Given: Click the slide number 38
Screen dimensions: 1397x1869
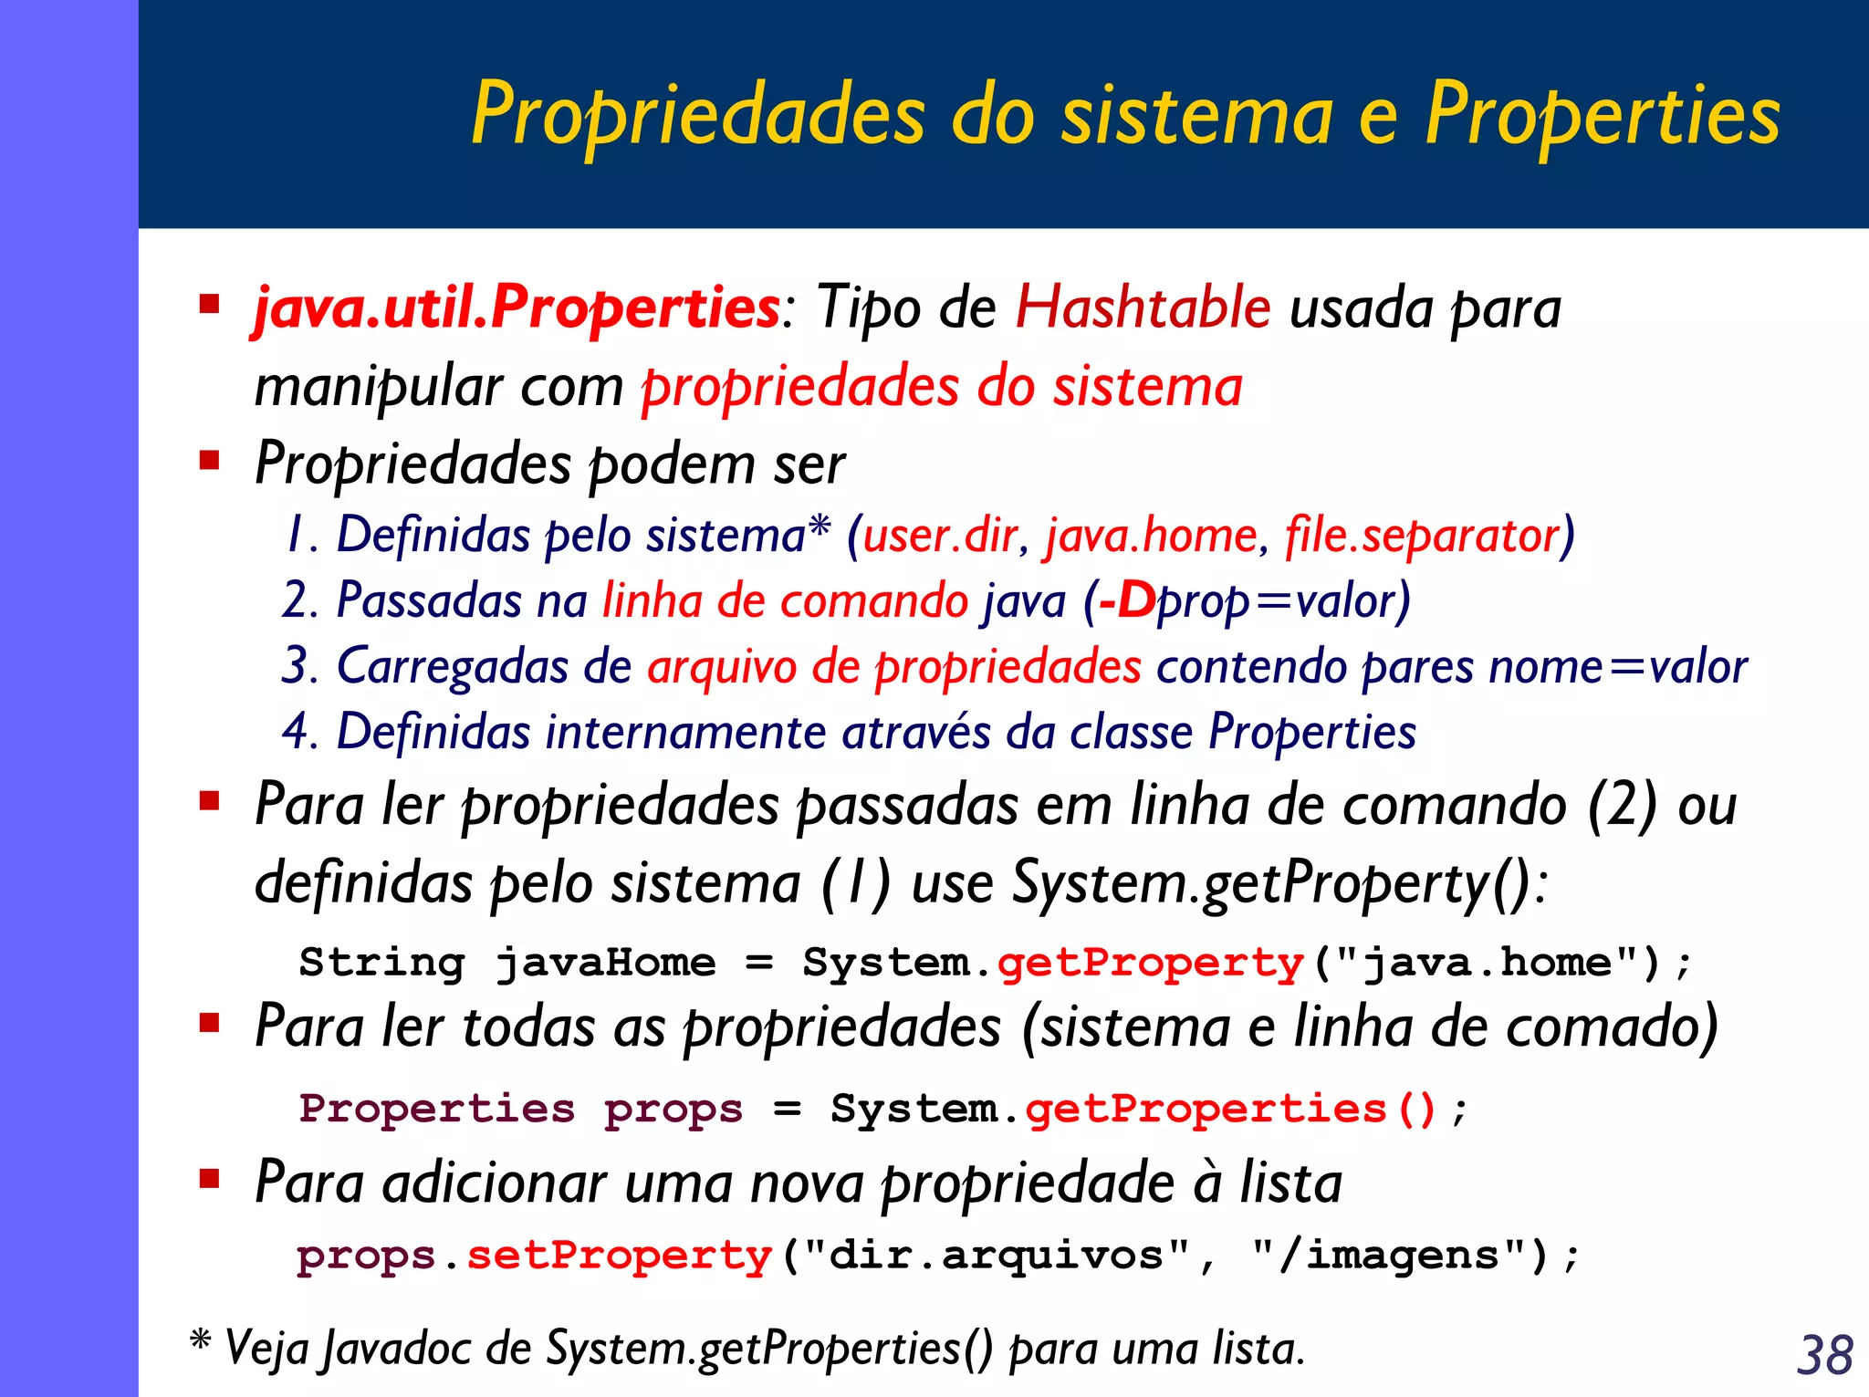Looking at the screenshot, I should [x=1824, y=1354].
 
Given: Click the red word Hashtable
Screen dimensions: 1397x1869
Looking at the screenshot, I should [x=1143, y=307].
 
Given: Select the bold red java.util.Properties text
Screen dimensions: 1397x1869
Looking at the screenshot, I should [x=517, y=308].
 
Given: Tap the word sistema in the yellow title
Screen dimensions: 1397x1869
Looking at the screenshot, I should [x=1196, y=114].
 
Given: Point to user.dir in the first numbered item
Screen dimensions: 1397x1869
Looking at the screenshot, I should [x=940, y=535].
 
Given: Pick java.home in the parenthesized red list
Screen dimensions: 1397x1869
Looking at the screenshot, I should [x=1152, y=535].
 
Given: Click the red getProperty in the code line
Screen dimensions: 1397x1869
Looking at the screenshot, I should [x=1151, y=963].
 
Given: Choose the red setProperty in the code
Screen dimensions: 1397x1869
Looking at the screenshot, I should [x=620, y=1256].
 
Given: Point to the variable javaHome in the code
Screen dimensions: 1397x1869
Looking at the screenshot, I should [x=605, y=963].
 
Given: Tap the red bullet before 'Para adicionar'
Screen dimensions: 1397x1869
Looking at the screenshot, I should [x=210, y=1179].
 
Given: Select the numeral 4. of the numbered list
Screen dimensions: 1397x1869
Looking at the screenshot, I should [x=298, y=732].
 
